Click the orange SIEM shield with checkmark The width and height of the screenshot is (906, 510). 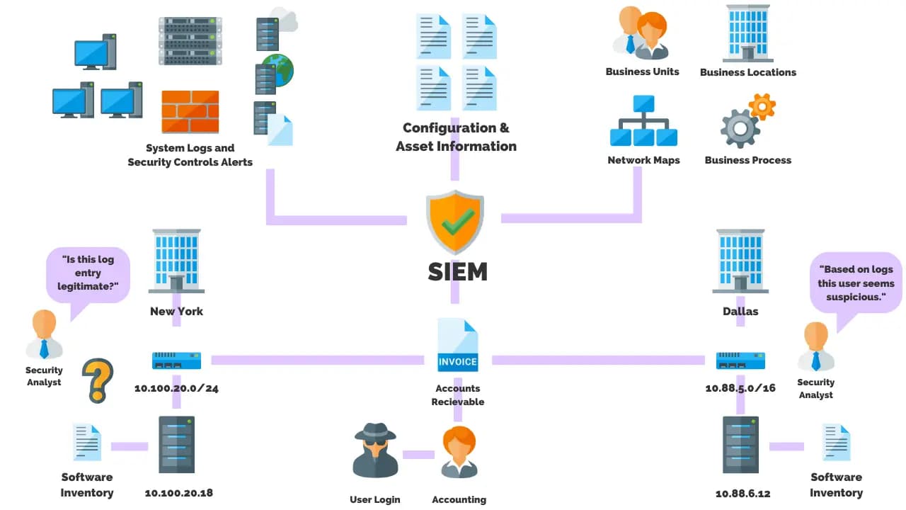(454, 222)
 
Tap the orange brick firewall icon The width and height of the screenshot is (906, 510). (190, 111)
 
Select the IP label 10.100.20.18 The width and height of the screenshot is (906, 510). (178, 493)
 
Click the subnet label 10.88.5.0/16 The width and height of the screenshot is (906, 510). (740, 388)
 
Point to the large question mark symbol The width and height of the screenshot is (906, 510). (98, 380)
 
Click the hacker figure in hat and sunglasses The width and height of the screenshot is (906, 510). (375, 450)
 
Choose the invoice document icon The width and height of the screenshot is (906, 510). (457, 346)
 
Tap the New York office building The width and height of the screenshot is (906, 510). (176, 261)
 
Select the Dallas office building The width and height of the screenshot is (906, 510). (740, 261)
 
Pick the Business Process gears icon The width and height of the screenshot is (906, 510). (747, 120)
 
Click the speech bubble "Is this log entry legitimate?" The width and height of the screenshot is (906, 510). (88, 273)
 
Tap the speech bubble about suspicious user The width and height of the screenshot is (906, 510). (856, 283)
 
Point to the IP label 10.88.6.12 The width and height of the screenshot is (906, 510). (742, 493)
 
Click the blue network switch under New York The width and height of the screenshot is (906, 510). (176, 361)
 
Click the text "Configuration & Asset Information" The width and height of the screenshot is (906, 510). (456, 137)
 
